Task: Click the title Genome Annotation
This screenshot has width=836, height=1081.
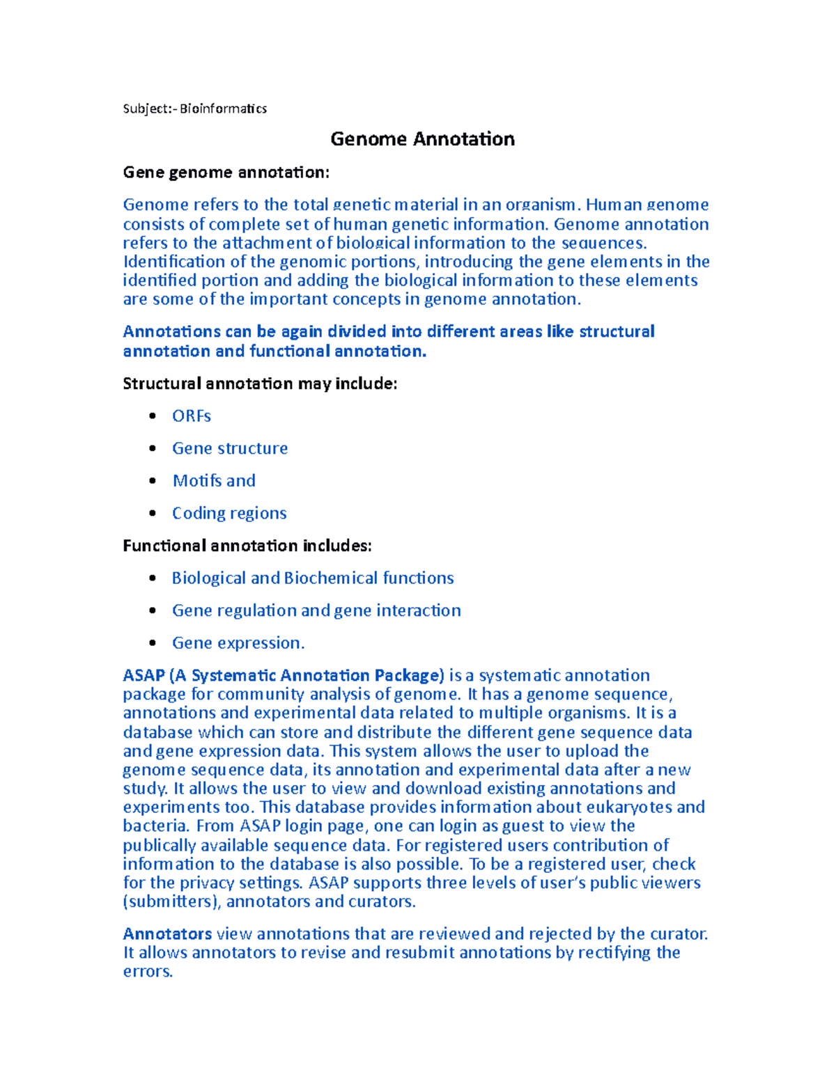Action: (x=422, y=139)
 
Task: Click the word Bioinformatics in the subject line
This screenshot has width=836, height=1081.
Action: (x=223, y=109)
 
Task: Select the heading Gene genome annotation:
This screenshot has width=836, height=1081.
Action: (x=226, y=173)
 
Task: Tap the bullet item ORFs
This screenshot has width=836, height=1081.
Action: (x=192, y=416)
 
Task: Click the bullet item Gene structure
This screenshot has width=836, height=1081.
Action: (x=230, y=448)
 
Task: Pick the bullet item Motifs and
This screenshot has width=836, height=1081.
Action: (x=214, y=481)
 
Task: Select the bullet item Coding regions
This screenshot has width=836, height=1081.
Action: (x=229, y=513)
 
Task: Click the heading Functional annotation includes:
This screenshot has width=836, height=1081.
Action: (x=247, y=546)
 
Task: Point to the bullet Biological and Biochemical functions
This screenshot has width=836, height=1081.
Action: (x=313, y=578)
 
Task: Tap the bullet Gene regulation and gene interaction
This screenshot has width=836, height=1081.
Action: (x=316, y=610)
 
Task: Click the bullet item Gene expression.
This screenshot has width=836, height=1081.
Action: (x=238, y=643)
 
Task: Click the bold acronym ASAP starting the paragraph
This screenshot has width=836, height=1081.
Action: (x=144, y=676)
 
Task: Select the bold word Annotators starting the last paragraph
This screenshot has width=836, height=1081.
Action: (x=167, y=934)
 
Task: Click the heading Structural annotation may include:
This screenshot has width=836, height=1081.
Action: (x=260, y=384)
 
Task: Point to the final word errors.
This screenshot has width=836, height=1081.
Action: (x=147, y=972)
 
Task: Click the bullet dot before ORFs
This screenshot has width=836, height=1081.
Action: (x=153, y=416)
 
